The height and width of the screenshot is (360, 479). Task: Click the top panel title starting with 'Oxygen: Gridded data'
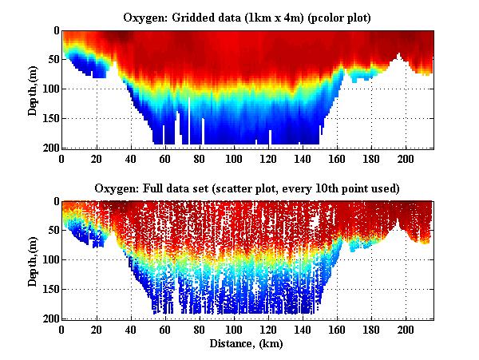pyautogui.click(x=247, y=17)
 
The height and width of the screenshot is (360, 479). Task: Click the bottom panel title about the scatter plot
pyautogui.click(x=247, y=188)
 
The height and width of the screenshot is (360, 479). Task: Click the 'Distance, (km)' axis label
pyautogui.click(x=247, y=343)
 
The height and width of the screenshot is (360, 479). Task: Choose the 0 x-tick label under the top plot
pyautogui.click(x=61, y=158)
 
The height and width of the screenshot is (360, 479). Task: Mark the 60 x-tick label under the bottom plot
pyautogui.click(x=165, y=329)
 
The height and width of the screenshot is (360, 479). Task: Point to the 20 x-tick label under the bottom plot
pyautogui.click(x=97, y=329)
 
